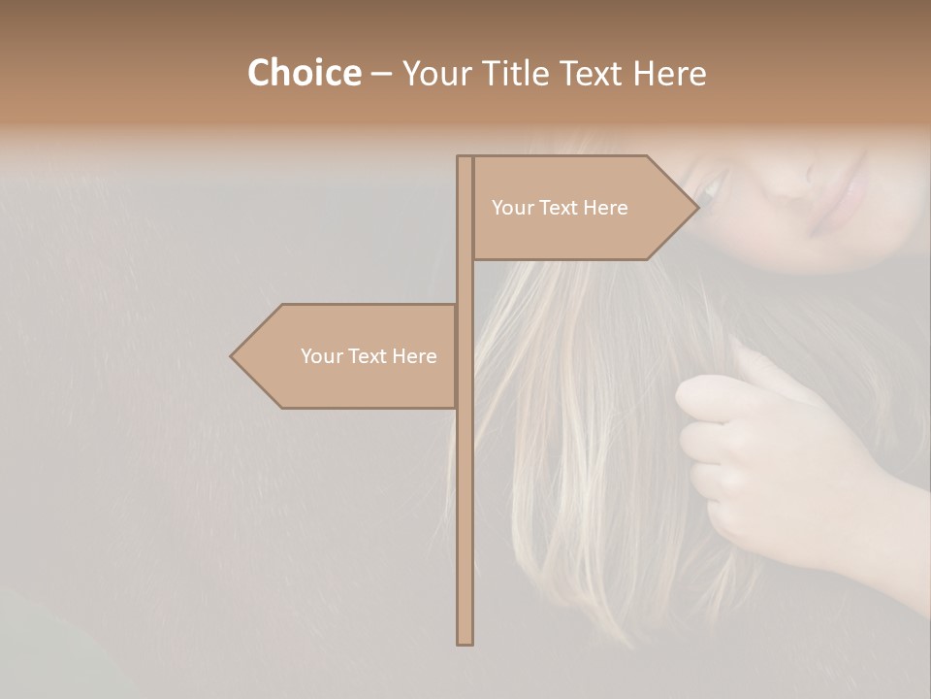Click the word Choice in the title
pos(304,73)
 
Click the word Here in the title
pos(670,74)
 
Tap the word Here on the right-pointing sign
pos(606,208)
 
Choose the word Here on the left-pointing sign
pos(415,356)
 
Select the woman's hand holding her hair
pos(766,456)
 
